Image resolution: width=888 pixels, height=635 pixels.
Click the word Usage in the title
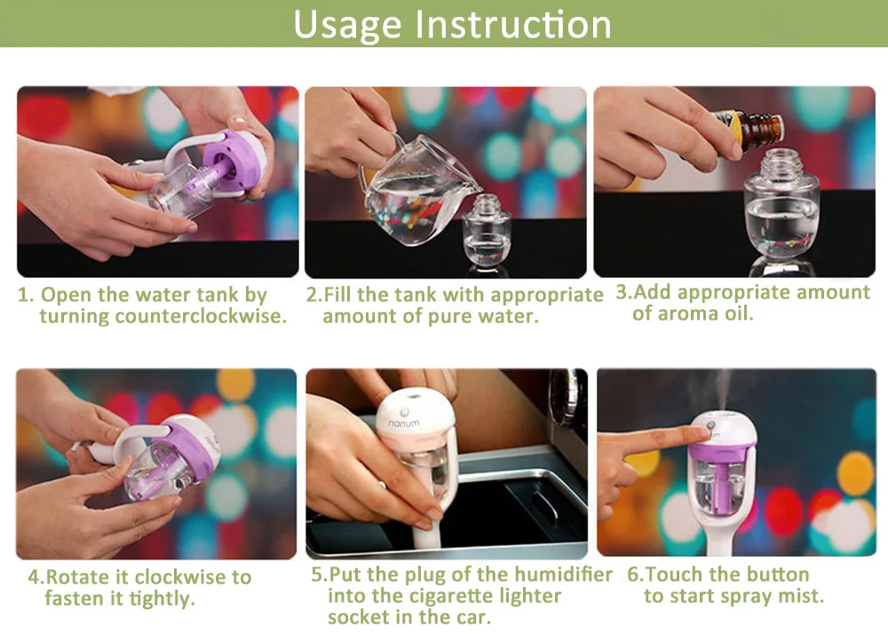click(x=347, y=25)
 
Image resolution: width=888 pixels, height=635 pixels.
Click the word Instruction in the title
click(x=513, y=24)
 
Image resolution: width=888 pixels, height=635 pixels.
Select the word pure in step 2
click(x=451, y=316)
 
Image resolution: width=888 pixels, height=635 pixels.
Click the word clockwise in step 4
click(x=180, y=576)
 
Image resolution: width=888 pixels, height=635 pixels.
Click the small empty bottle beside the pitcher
click(x=488, y=231)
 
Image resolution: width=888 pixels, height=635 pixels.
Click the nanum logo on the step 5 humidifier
click(x=403, y=423)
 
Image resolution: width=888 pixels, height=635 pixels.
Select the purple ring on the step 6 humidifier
click(x=721, y=451)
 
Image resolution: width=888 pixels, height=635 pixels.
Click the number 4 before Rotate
click(x=35, y=577)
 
